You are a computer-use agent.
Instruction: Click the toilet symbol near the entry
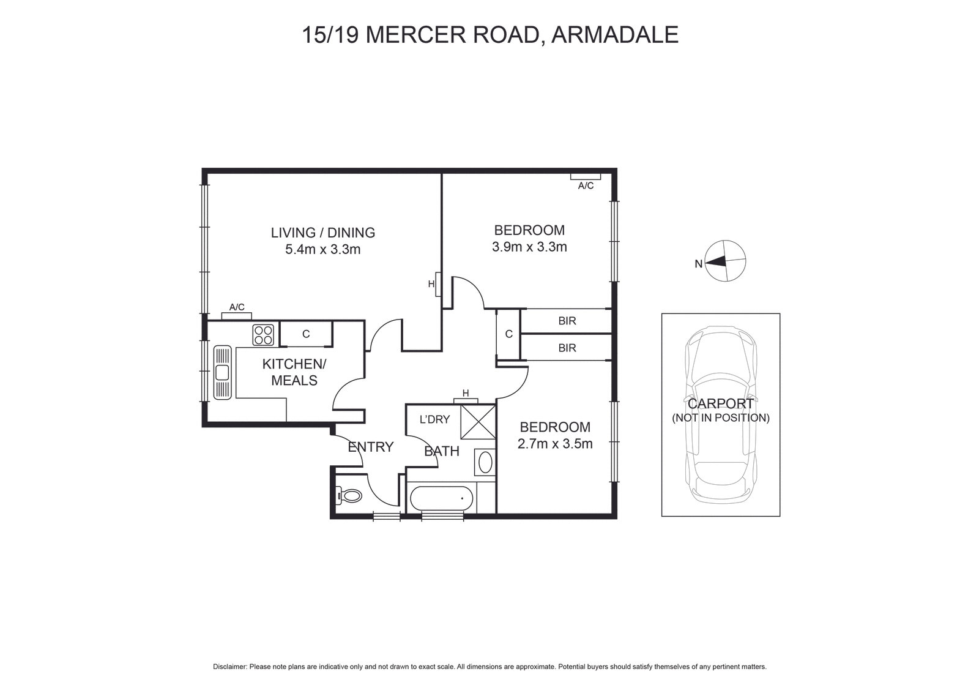(x=349, y=495)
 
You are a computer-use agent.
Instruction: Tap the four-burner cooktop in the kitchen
(x=263, y=335)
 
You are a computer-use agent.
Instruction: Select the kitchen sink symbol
(x=222, y=372)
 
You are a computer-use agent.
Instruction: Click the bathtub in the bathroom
(x=442, y=499)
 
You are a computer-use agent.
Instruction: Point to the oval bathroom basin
(x=485, y=462)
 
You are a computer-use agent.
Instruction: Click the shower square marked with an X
(x=477, y=421)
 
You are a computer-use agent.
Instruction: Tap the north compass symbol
(x=726, y=261)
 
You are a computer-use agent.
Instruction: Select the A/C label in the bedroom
(x=586, y=185)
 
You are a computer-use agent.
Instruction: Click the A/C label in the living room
(x=237, y=307)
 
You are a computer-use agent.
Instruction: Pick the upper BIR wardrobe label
(x=567, y=321)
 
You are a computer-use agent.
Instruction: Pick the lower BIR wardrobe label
(x=567, y=348)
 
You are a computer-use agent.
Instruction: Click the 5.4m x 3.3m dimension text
(x=322, y=249)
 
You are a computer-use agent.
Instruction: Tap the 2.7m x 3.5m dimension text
(x=555, y=444)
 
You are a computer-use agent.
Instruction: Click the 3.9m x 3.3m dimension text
(x=529, y=247)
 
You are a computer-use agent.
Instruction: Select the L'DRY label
(x=434, y=419)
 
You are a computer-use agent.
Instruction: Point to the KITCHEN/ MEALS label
(x=294, y=372)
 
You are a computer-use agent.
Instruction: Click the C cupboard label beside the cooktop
(x=306, y=334)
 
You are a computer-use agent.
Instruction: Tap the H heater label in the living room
(x=431, y=284)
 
